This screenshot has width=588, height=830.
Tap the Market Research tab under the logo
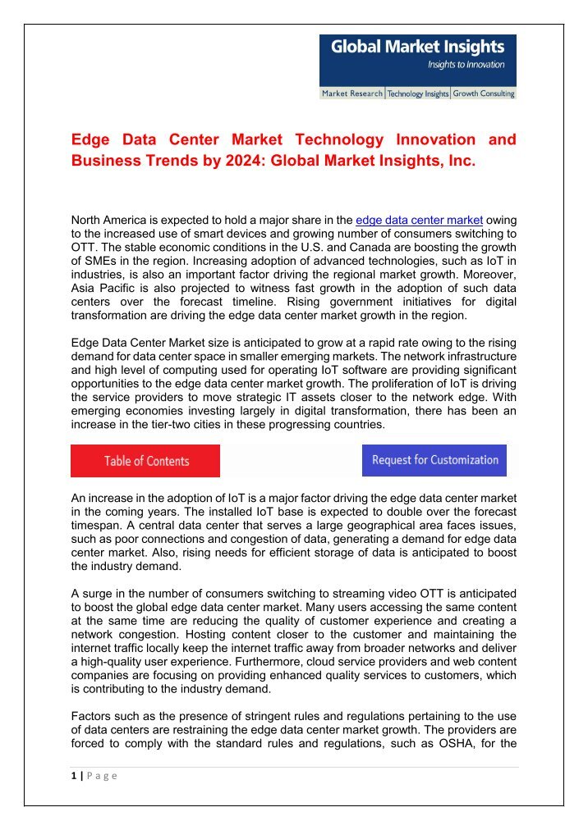pos(352,94)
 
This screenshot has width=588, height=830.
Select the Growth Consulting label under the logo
pos(484,94)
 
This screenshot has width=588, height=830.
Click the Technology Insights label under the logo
pos(418,94)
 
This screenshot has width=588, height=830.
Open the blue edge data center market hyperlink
pos(419,220)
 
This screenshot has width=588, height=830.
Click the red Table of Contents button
pos(145,461)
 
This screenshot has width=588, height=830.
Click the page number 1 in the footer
pos(73,777)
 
